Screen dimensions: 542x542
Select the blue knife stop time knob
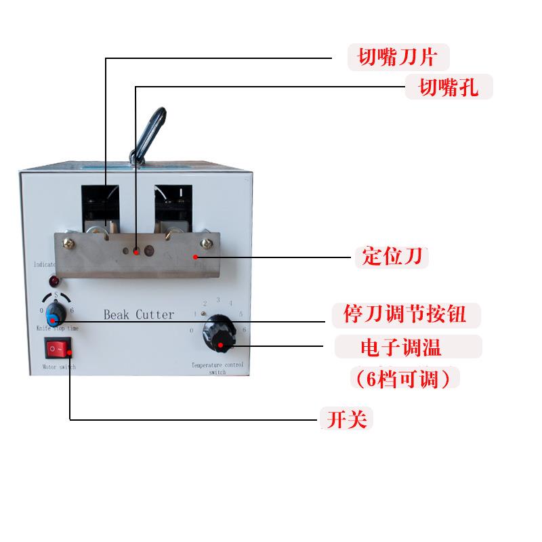[55, 314]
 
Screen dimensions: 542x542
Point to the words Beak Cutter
[138, 314]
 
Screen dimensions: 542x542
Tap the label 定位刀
[391, 257]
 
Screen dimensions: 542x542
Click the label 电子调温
[408, 348]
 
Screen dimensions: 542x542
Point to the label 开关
[346, 419]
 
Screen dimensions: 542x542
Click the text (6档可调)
[402, 378]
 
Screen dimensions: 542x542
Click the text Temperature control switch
[217, 368]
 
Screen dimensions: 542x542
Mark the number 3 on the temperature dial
[218, 299]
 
